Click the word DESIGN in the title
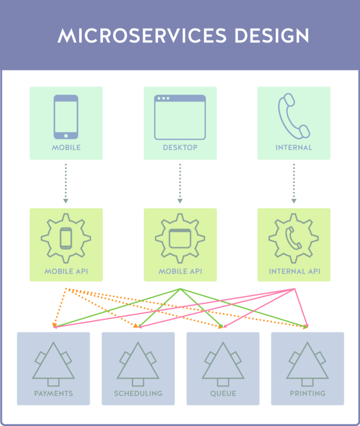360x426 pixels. point(272,36)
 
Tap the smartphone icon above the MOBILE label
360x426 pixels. point(66,117)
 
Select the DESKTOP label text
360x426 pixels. point(180,147)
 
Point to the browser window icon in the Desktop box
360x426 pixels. point(180,117)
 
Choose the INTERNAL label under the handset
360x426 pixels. point(294,147)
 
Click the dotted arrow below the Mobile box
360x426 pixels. point(66,183)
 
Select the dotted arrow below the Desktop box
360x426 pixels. point(180,183)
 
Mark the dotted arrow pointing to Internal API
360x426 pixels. point(294,183)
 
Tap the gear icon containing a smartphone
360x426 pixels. point(66,238)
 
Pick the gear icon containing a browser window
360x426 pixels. point(180,238)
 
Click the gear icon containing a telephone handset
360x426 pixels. point(294,238)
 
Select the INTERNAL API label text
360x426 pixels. point(294,272)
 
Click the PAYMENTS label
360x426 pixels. point(53,393)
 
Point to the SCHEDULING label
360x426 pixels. point(138,393)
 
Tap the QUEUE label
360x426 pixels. point(223,393)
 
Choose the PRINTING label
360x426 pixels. point(307,393)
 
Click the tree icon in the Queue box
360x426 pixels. point(223,364)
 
